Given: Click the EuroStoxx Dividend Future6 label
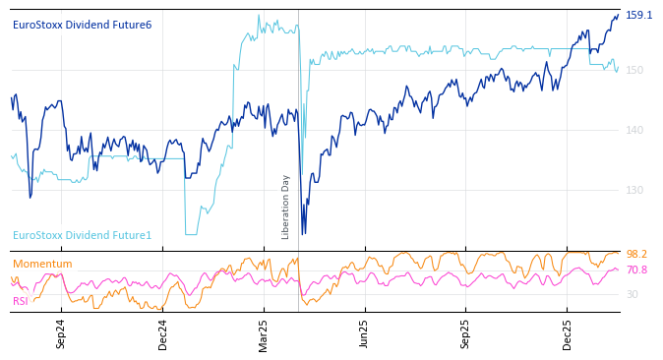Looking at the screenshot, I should [82, 25].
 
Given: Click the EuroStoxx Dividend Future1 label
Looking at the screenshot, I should [82, 235].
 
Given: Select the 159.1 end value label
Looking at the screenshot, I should [638, 15].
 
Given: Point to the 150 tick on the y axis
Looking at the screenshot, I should [634, 70].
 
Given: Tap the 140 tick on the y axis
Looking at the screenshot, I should [634, 130].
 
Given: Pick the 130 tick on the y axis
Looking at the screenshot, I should [634, 190].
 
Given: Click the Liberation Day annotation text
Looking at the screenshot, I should [286, 207].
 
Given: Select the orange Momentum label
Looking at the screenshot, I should [42, 264].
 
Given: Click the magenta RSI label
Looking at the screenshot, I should [20, 301].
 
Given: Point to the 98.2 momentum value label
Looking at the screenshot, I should [636, 255].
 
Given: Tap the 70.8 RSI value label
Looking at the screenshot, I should [636, 270].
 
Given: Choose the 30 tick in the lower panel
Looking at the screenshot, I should [632, 294].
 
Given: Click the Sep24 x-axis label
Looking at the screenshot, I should [61, 333].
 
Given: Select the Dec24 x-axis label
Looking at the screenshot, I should [163, 333].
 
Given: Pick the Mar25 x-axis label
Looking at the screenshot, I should [264, 333].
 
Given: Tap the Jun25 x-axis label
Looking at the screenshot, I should [364, 333].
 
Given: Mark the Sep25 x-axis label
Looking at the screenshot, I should [466, 333].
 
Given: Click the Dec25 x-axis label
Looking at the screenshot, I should [568, 333].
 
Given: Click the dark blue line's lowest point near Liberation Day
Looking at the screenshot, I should [303, 233].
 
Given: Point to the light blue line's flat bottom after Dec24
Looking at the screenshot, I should [191, 234].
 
